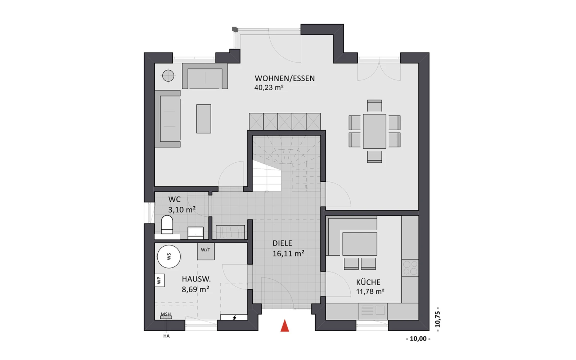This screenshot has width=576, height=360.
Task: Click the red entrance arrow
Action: (x=285, y=325)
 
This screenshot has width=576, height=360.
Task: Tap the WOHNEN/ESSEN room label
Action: (x=285, y=78)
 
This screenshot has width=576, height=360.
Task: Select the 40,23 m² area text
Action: (x=269, y=87)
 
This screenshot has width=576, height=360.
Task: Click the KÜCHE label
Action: (x=368, y=282)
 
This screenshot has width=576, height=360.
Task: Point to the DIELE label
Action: (x=282, y=243)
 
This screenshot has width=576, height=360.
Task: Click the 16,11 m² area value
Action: (x=288, y=253)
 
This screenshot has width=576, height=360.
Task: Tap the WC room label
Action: (x=174, y=199)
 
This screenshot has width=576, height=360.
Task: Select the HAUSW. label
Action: (x=196, y=279)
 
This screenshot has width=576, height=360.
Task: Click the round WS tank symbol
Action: (x=169, y=257)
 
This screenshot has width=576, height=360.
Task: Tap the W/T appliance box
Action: (x=206, y=251)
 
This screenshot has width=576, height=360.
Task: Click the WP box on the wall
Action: (x=159, y=280)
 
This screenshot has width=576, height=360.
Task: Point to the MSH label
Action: (x=166, y=314)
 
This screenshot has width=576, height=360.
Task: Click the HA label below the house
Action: (x=166, y=336)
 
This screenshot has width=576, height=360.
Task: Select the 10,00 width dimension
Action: (x=418, y=339)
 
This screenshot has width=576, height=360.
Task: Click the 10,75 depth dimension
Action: (x=437, y=319)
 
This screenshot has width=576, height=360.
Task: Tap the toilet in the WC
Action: (x=167, y=225)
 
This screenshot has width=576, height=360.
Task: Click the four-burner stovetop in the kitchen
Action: (x=410, y=268)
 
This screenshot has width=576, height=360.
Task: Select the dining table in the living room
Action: (x=374, y=131)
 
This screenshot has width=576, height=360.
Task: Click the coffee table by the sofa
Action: (x=204, y=119)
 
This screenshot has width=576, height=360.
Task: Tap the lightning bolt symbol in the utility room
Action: (x=234, y=318)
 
